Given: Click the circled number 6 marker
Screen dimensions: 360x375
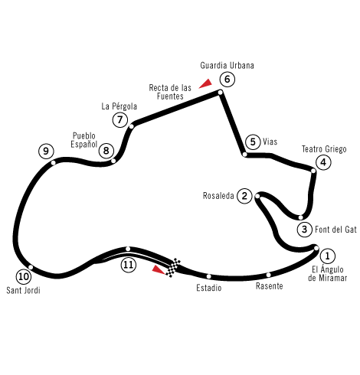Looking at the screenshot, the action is pos(227,80).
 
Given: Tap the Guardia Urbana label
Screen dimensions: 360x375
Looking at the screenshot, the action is pos(227,66).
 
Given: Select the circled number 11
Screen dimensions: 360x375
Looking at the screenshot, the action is pos(129,265).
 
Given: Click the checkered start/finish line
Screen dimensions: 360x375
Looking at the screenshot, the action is pos(173,267).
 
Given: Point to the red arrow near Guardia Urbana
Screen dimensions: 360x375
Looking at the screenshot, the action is pos(205,83).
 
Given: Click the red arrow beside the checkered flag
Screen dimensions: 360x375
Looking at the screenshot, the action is pos(159,269).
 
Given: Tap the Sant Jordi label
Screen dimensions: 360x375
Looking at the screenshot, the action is pos(23,290).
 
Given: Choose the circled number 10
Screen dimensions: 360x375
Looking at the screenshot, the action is pos(24,276).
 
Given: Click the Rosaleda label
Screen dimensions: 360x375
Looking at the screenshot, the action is pos(218,196).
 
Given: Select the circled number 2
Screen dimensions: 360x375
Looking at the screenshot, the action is pos(244,196).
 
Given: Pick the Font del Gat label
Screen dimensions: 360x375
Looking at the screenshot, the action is pos(335,230).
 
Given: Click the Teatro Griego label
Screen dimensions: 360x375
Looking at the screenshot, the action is pos(324,149).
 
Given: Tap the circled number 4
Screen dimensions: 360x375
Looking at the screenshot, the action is pos(323,162).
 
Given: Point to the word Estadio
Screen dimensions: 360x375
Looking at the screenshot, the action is pos(209,288).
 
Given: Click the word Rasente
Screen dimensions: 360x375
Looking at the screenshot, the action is pos(270,286).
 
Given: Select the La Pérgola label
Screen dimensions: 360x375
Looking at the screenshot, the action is pos(119,106).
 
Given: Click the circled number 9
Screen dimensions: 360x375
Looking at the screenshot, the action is pos(46,152).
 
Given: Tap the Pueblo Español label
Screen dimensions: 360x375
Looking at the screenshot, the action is pos(84,140).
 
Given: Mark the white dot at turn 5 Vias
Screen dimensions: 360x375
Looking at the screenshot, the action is pos(244,155).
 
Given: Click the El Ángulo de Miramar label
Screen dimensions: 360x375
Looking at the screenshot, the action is pos(328,273).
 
